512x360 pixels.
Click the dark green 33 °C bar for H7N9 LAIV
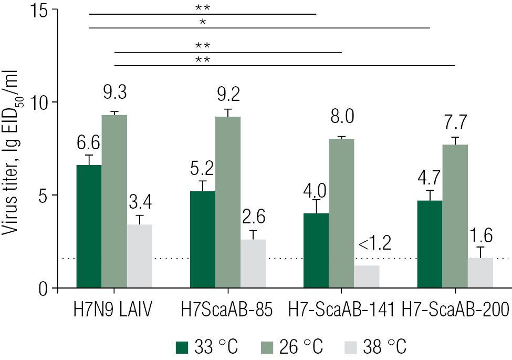pos(89,227)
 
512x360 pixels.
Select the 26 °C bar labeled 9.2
pos(227,202)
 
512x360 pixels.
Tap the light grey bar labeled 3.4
pos(140,256)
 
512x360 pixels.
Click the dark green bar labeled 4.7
pos(429,244)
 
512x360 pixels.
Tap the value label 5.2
pos(202,169)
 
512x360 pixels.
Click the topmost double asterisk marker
pos(202,8)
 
